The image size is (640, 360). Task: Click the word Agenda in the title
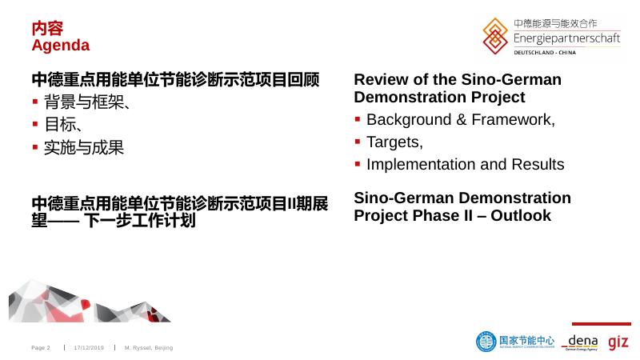[60, 45]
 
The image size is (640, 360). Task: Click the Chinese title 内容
[47, 28]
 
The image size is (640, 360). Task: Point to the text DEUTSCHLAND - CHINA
[555, 52]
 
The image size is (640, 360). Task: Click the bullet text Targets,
[394, 142]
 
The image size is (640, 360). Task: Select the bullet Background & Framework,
[460, 120]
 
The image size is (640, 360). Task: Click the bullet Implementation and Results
[465, 164]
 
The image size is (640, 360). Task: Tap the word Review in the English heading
[381, 80]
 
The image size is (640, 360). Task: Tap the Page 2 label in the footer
[41, 348]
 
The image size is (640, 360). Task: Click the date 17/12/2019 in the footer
[89, 348]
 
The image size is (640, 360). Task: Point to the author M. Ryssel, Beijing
[149, 348]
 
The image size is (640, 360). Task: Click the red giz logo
[618, 342]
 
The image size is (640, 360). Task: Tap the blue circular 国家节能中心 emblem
[486, 342]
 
